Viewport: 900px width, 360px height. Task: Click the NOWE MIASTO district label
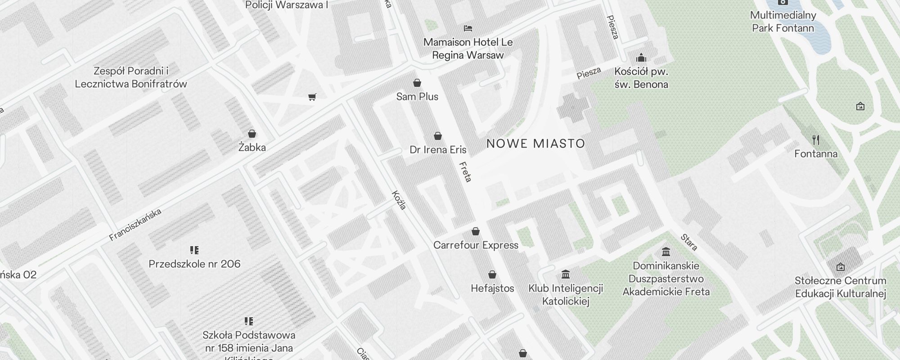click(535, 144)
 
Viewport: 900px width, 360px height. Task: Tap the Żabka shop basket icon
click(252, 134)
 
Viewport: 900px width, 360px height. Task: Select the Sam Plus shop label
click(417, 96)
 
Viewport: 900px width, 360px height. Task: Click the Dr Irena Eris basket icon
click(437, 136)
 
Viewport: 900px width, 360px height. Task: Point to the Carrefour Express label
click(476, 245)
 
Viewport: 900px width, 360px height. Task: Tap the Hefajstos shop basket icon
click(492, 274)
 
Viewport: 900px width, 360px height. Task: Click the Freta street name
click(465, 171)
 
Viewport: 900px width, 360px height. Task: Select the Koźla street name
click(399, 200)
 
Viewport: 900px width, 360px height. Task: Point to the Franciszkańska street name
click(135, 225)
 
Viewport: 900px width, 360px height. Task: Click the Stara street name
click(689, 242)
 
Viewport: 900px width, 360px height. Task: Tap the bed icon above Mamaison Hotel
click(468, 28)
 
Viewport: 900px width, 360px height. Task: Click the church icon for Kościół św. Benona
click(641, 58)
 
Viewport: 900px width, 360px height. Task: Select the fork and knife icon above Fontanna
click(815, 140)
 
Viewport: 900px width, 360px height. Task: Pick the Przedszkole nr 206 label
click(194, 264)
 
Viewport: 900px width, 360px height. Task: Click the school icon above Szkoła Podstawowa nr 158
click(249, 321)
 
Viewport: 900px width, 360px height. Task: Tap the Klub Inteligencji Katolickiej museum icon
click(566, 274)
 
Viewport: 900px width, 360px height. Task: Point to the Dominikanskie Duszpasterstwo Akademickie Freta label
click(666, 279)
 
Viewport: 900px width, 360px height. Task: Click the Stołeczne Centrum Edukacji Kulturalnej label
click(840, 287)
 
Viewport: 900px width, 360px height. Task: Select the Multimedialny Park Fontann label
click(783, 22)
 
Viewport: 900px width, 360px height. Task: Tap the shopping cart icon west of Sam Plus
click(312, 97)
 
